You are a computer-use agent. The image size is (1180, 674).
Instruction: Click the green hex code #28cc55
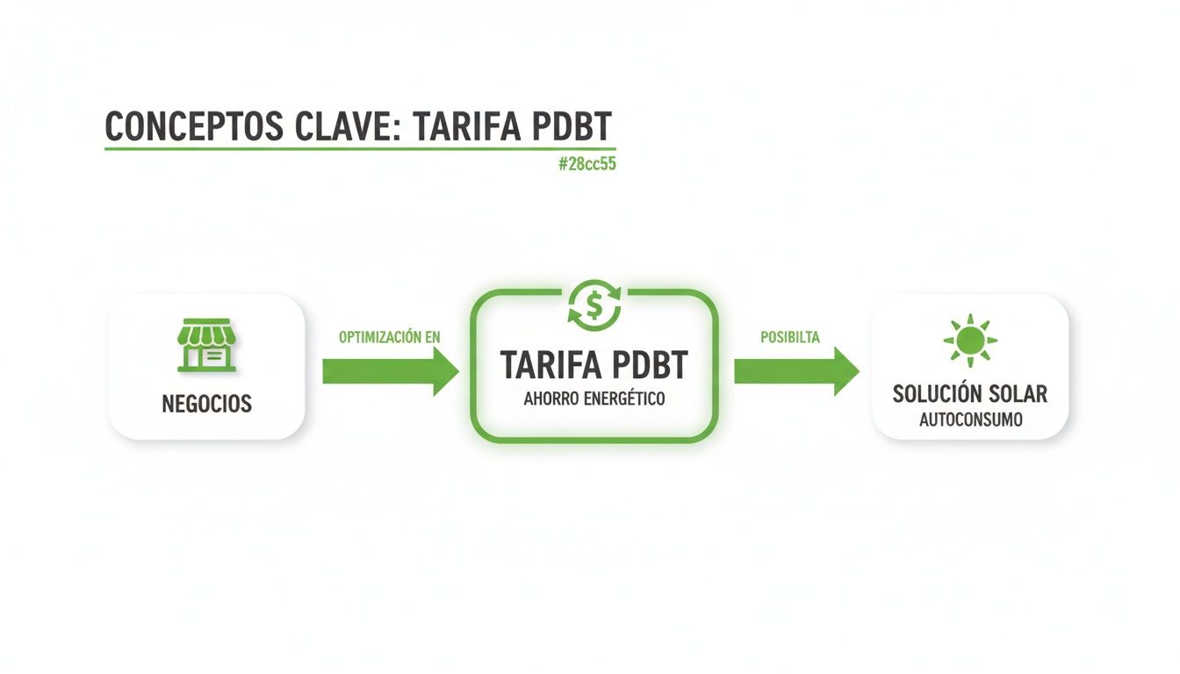[x=586, y=164]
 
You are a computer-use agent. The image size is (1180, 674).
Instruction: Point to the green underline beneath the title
[x=360, y=148]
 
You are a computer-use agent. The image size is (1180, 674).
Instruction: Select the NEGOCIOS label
[x=206, y=404]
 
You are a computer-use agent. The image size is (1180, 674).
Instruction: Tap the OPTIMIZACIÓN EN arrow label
[x=390, y=337]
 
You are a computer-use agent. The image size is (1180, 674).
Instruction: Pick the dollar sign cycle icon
[x=594, y=304]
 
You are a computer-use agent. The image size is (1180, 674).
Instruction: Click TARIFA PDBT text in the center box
[x=594, y=365]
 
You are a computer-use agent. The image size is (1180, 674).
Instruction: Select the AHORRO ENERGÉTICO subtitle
[x=594, y=399]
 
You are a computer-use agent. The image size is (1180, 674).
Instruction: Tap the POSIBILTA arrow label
[x=789, y=337]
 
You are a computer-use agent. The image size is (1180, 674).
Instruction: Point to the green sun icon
[x=970, y=340]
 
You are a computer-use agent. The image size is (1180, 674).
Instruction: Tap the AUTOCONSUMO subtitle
[x=970, y=419]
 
